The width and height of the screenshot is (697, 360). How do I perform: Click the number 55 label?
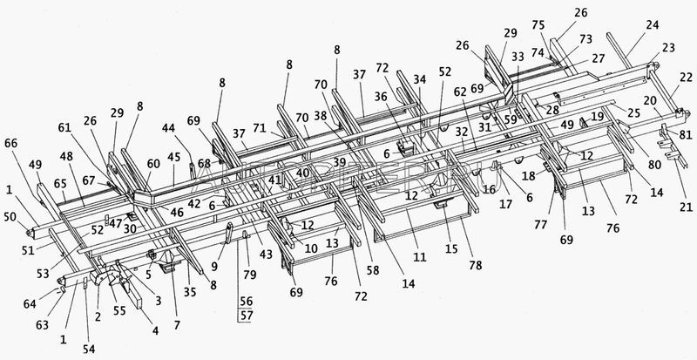point(119,309)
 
